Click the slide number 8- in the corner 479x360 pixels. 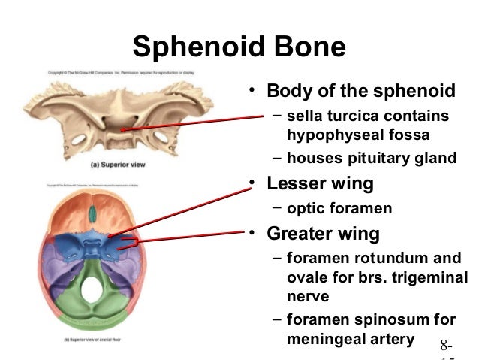(448, 346)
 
